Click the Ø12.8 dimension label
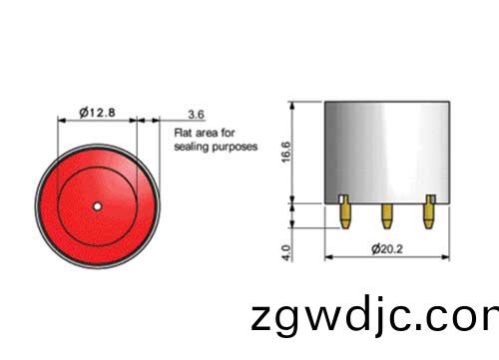coord(98,113)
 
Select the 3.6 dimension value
coord(196,115)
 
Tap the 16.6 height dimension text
coord(285,152)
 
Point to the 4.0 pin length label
coord(285,253)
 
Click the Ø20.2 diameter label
coord(387,248)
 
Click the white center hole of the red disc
coord(97,206)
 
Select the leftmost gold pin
coord(344,211)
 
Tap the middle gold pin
coord(386,216)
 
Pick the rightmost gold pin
coord(429,211)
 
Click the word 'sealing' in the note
coord(192,147)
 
